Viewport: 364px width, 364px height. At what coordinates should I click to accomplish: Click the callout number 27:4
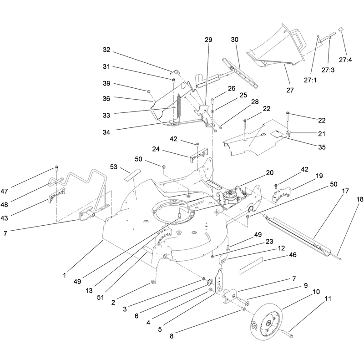[x=345, y=60]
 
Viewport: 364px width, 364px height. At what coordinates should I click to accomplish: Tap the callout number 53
[x=113, y=167]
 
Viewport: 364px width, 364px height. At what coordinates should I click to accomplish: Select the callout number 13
[x=89, y=290]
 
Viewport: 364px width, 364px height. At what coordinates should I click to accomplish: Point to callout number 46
[x=293, y=255]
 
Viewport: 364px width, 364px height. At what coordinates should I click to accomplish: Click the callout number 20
[x=270, y=173]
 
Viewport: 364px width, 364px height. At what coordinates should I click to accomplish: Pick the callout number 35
[x=322, y=147]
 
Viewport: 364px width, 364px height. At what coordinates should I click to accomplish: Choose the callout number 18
[x=360, y=199]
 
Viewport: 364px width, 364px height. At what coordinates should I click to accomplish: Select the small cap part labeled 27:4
[x=341, y=29]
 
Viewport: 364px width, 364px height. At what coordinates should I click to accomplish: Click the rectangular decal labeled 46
[x=251, y=265]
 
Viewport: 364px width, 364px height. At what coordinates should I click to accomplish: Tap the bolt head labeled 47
[x=56, y=167]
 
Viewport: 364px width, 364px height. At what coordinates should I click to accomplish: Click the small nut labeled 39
[x=148, y=91]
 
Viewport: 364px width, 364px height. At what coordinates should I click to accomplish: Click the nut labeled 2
[x=153, y=282]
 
